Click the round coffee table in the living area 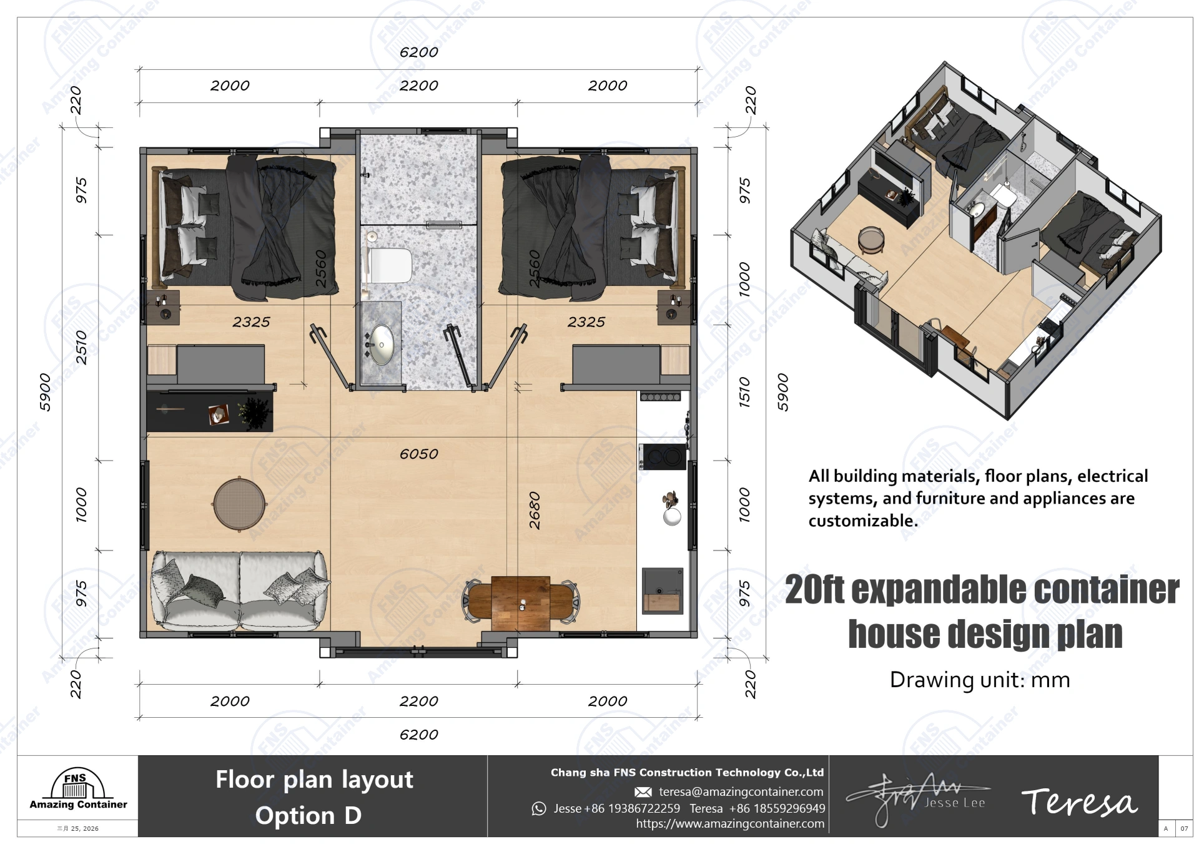pyautogui.click(x=240, y=503)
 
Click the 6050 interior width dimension pyautogui.click(x=418, y=454)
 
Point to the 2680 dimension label pyautogui.click(x=535, y=511)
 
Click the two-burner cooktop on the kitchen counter pyautogui.click(x=663, y=457)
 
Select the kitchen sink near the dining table pyautogui.click(x=663, y=590)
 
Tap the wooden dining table pyautogui.click(x=521, y=604)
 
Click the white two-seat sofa pyautogui.click(x=240, y=590)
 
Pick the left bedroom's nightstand pyautogui.click(x=164, y=307)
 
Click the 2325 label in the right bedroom pyautogui.click(x=586, y=322)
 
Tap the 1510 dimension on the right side pyautogui.click(x=744, y=392)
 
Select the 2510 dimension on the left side pyautogui.click(x=81, y=347)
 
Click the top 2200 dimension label pyautogui.click(x=418, y=86)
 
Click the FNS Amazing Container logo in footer pyautogui.click(x=78, y=790)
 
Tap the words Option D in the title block pyautogui.click(x=308, y=816)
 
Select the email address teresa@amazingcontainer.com pyautogui.click(x=741, y=792)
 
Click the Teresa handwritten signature pyautogui.click(x=1079, y=802)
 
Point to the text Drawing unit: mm pyautogui.click(x=979, y=680)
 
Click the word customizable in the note pyautogui.click(x=863, y=521)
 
